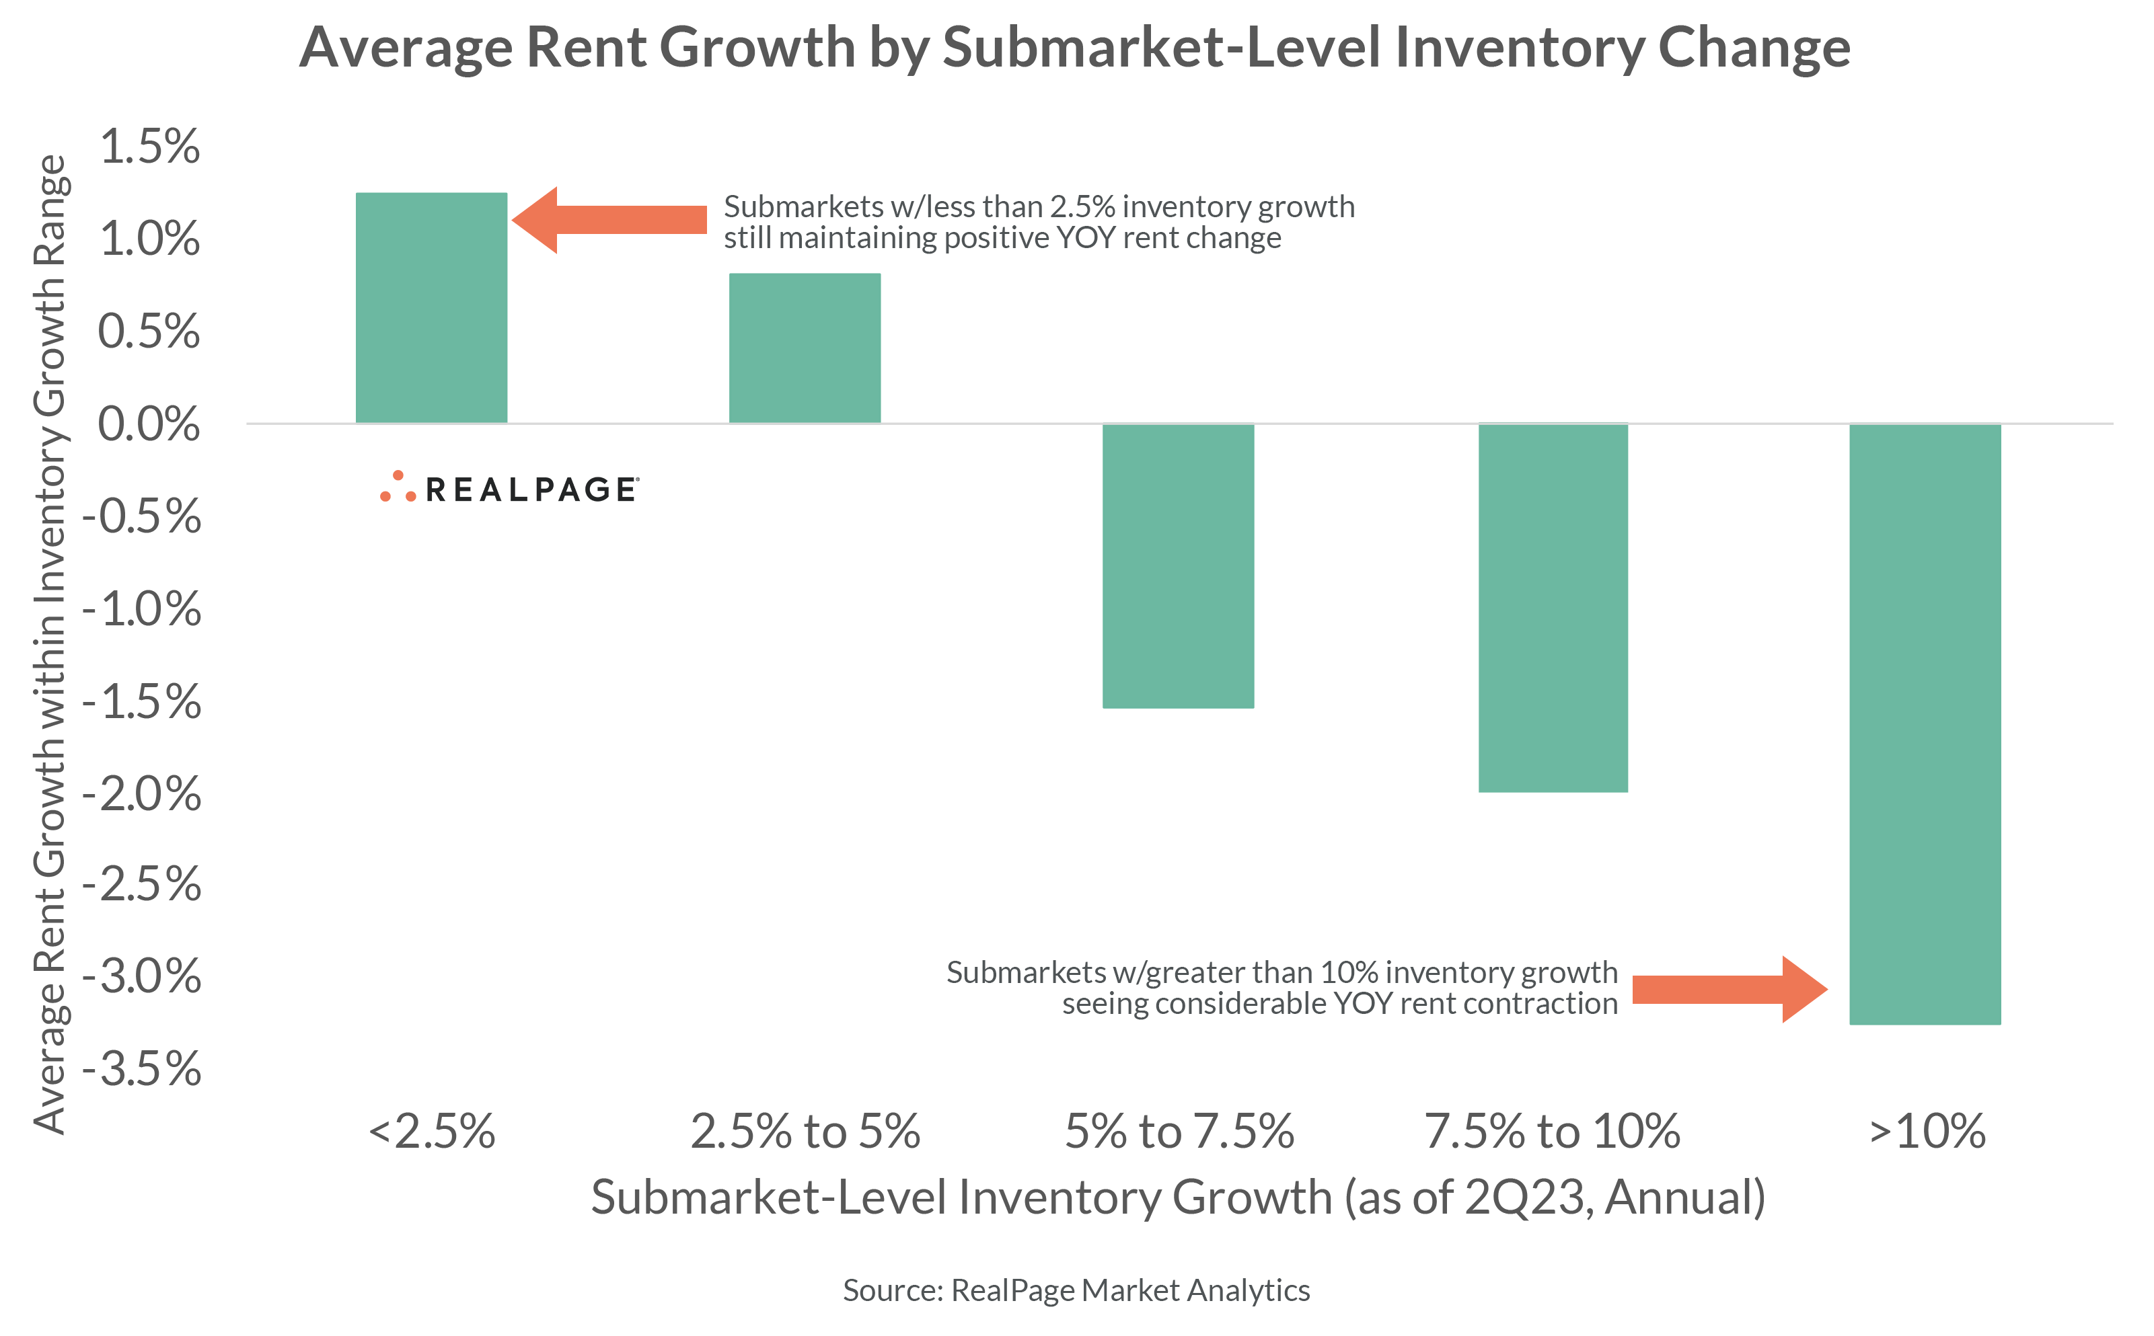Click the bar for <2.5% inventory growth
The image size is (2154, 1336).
(431, 307)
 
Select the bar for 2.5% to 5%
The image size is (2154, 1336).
(805, 348)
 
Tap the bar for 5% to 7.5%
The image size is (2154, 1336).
(1177, 565)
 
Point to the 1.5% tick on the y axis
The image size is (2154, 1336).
(149, 147)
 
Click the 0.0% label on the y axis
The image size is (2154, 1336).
(149, 424)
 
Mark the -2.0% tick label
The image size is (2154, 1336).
(141, 793)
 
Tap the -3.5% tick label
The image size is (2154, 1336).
(141, 1069)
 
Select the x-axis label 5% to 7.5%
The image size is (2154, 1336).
(1179, 1131)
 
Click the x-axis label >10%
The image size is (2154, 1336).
(1927, 1131)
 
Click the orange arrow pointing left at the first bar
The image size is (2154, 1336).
(610, 220)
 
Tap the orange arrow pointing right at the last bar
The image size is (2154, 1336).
(1728, 990)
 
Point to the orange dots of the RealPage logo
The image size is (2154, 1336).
(398, 487)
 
